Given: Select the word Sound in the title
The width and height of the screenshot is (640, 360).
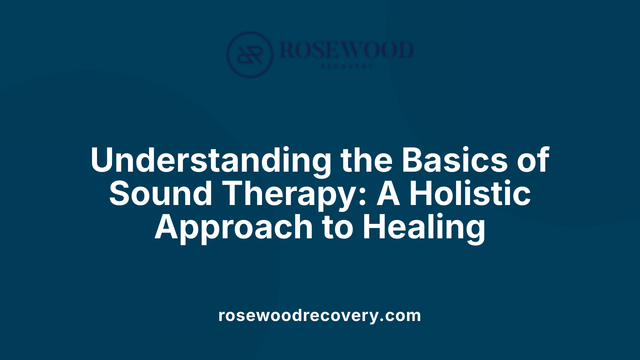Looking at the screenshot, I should point(161,194).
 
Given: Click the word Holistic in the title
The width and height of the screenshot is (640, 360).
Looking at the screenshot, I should point(470,194).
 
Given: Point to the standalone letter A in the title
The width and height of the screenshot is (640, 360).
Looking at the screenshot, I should point(388,194).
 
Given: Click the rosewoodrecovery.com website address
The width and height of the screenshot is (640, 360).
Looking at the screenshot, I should point(320,315).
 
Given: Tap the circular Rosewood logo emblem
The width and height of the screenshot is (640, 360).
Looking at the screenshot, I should point(250,54).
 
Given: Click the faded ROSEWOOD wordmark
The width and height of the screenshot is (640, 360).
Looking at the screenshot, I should point(347,50).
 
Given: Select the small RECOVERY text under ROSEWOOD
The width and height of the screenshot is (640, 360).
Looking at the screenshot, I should point(347,66).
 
